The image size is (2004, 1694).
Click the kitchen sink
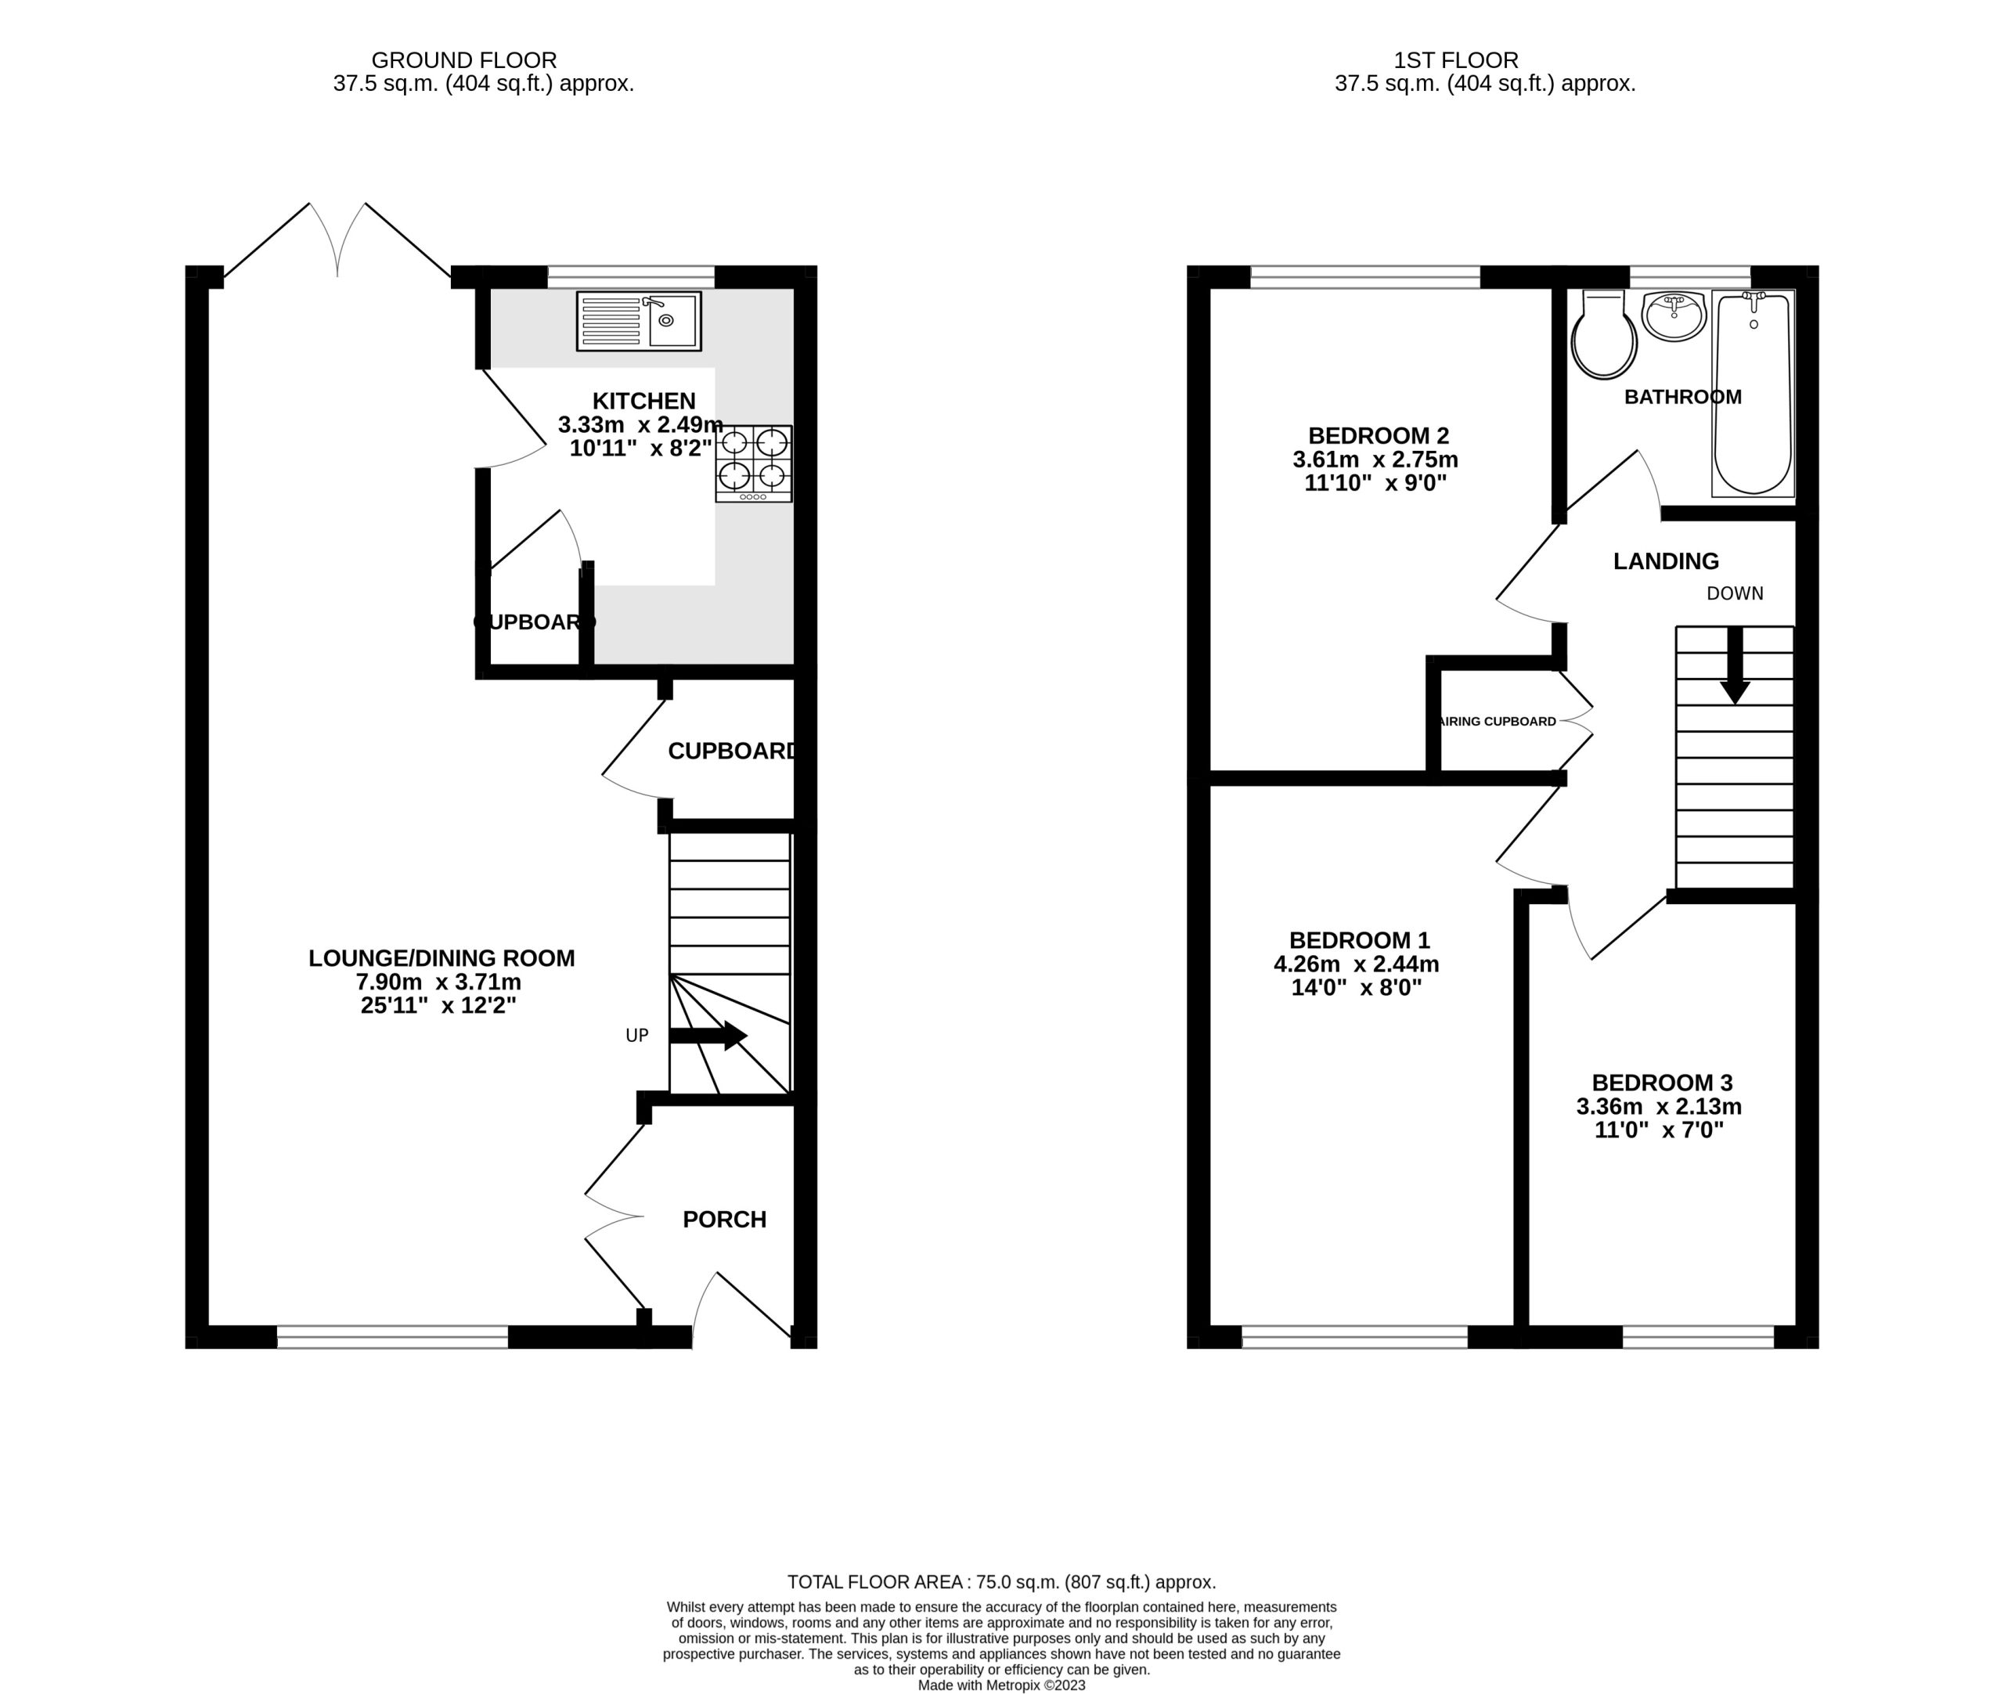pyautogui.click(x=639, y=321)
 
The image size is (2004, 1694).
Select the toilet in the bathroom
pyautogui.click(x=1603, y=334)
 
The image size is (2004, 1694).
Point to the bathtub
pyautogui.click(x=1753, y=393)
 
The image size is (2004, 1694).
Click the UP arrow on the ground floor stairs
pyautogui.click(x=708, y=1035)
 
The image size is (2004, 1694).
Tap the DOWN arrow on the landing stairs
pyautogui.click(x=1734, y=665)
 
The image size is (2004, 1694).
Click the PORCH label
pyautogui.click(x=724, y=1219)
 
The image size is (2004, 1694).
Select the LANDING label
pyautogui.click(x=1666, y=560)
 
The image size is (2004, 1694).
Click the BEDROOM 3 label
pyautogui.click(x=1662, y=1083)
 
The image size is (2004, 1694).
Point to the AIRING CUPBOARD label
pyautogui.click(x=1499, y=721)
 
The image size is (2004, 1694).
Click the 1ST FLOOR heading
pyautogui.click(x=1457, y=60)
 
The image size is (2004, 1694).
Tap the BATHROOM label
pyautogui.click(x=1682, y=397)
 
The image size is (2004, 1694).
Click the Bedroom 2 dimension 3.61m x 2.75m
pyautogui.click(x=1375, y=459)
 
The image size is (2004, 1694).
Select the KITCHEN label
pyautogui.click(x=643, y=401)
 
